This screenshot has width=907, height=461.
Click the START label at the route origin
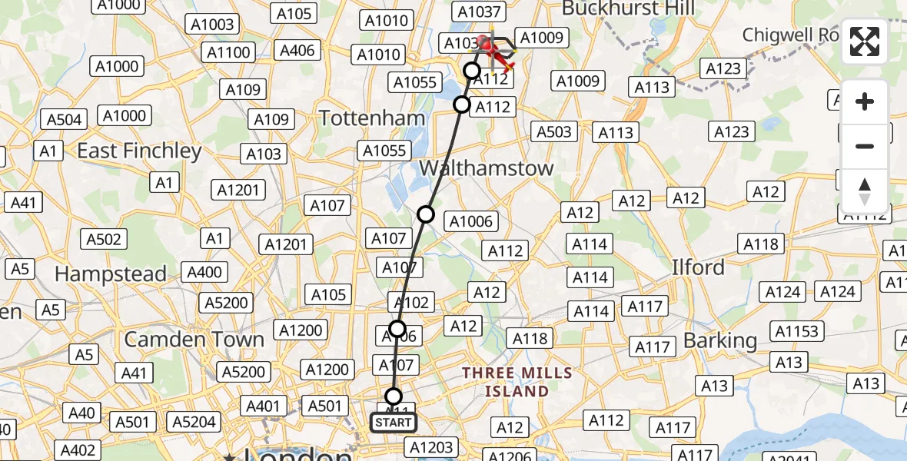tap(394, 423)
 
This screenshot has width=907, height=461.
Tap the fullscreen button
tap(865, 41)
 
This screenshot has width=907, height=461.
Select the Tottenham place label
tap(371, 118)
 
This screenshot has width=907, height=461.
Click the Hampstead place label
tap(111, 274)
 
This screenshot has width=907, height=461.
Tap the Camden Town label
tap(194, 339)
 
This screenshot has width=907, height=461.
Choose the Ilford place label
tap(698, 267)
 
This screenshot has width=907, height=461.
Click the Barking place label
tap(720, 340)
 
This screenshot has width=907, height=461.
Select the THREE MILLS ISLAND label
tap(517, 382)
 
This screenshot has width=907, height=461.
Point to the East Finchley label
tap(139, 151)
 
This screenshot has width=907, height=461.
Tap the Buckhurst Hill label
tap(628, 9)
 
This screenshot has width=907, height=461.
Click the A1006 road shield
tap(472, 222)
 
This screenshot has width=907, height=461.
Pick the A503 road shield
tap(553, 132)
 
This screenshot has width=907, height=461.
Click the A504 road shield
tap(65, 119)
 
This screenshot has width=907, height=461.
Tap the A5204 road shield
tap(194, 422)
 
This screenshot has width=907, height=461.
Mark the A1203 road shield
tap(433, 447)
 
